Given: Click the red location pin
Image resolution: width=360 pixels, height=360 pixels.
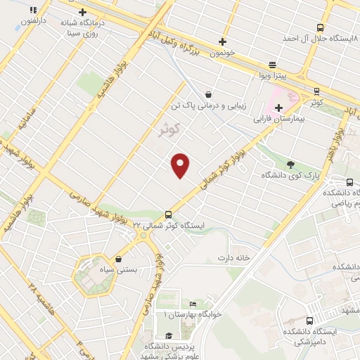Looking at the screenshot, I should [181, 165].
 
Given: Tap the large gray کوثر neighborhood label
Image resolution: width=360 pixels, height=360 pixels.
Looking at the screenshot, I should [167, 129].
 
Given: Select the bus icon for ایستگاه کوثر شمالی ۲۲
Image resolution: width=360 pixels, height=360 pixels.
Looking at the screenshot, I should [168, 215].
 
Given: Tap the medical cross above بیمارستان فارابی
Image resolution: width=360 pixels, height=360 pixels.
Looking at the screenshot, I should [279, 108].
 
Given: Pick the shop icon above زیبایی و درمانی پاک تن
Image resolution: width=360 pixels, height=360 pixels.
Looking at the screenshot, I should [208, 94].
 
